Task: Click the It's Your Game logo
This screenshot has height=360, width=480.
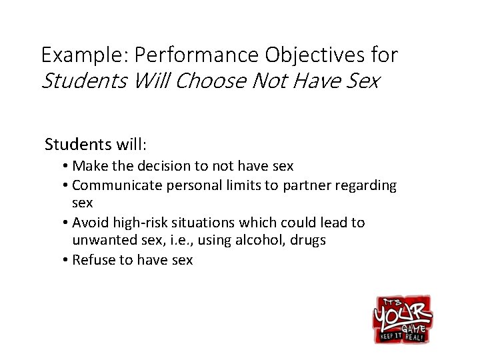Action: [402, 319]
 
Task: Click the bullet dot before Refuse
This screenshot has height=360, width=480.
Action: [68, 260]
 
